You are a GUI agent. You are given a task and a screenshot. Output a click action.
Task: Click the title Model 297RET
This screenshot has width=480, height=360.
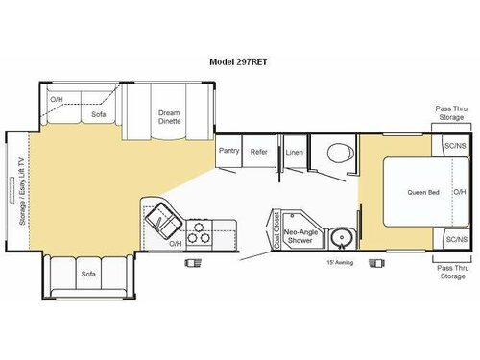click(240, 60)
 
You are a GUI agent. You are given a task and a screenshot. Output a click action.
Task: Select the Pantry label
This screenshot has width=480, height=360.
click(228, 151)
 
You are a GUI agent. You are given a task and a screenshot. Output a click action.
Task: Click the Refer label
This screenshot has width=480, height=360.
click(258, 151)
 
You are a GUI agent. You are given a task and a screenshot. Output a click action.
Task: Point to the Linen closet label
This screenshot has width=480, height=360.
click(295, 151)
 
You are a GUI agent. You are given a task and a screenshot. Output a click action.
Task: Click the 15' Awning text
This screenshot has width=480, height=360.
click(339, 261)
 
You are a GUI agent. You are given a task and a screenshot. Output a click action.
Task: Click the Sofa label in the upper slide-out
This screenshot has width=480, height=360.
click(98, 113)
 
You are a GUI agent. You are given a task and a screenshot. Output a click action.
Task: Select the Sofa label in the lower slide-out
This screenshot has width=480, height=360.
click(87, 275)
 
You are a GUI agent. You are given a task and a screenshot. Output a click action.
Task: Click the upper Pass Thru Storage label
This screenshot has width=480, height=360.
click(451, 114)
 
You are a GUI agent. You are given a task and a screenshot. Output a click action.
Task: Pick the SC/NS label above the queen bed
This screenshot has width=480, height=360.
click(455, 146)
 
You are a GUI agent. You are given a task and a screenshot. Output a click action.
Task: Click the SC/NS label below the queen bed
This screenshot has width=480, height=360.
click(455, 238)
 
